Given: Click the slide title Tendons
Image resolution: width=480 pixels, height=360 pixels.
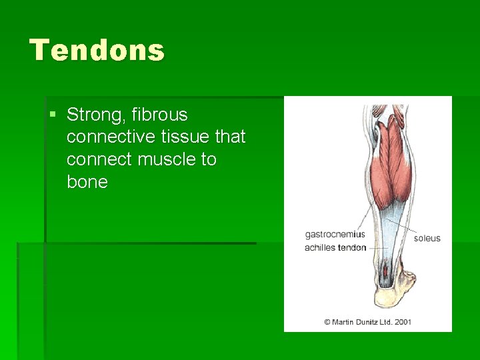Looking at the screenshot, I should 97,51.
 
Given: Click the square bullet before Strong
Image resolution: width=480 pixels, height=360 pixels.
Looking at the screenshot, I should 53,115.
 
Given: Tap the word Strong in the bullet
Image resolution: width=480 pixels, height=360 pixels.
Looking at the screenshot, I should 93,115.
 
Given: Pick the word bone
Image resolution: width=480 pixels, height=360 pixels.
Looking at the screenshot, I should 87,182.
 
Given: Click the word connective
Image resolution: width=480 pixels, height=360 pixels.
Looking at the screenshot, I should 109,137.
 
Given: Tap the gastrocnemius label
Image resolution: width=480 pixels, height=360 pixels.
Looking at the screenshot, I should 335,234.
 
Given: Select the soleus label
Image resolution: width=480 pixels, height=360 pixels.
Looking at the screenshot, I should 427,238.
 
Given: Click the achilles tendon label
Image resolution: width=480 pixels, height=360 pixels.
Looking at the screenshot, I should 335,247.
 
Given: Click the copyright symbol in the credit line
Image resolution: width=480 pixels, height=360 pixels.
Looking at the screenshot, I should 327,322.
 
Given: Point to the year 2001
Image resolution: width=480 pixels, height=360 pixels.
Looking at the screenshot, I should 403,322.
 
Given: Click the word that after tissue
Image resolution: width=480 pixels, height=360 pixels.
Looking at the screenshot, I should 231,137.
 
